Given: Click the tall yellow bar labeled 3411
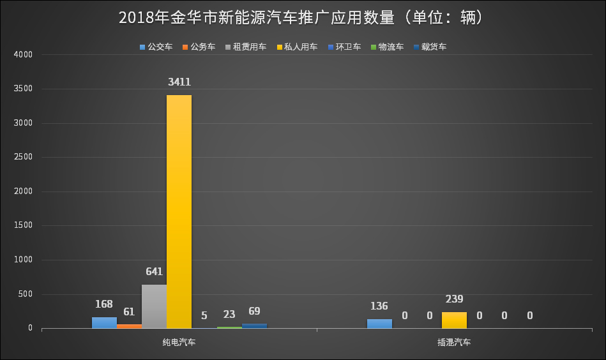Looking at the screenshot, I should coord(179,211).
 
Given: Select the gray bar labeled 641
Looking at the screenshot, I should coord(154,306).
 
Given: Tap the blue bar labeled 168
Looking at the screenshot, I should coord(104,322).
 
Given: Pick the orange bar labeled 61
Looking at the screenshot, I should coord(129,326).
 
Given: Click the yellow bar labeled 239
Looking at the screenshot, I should coord(454,320).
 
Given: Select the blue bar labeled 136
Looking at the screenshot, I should coord(379,324).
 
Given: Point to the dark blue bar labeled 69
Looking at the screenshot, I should coord(254,326).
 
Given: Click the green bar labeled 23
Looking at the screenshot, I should coord(229,327).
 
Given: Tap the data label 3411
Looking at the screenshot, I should coord(179,82).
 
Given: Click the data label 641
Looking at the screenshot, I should coord(154,271).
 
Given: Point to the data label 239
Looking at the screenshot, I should coord(454,299).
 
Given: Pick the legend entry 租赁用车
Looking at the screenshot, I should coord(250,47).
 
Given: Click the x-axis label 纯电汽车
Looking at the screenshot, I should coord(179,342).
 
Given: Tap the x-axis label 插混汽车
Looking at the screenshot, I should coord(454,342).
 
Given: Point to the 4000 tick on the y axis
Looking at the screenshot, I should coord(23,55).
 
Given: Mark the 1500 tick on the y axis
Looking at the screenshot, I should coord(23,226).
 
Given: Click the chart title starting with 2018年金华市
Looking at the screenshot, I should coord(303,18).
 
